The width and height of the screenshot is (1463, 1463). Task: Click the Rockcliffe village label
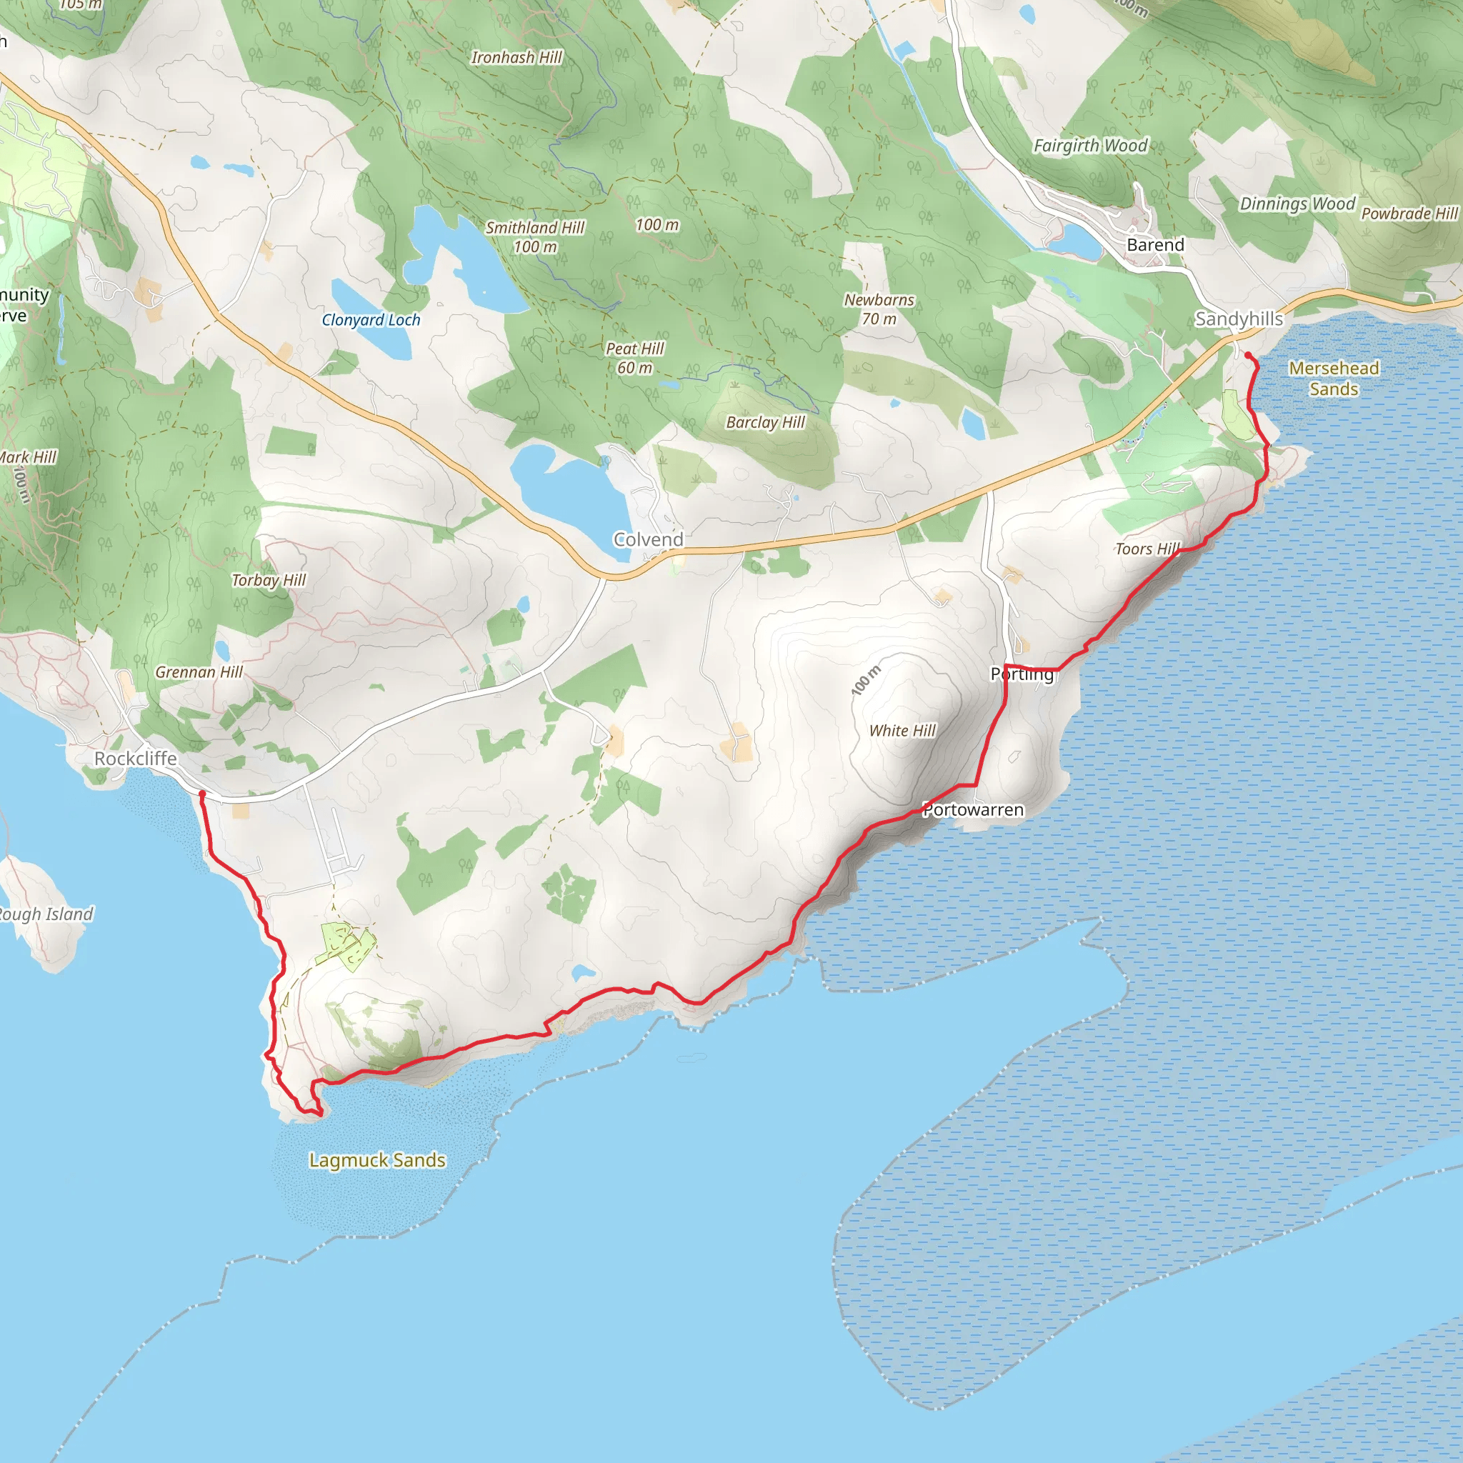tap(136, 758)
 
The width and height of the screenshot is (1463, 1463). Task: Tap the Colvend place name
tap(648, 539)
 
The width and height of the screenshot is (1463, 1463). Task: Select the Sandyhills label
tap(1239, 319)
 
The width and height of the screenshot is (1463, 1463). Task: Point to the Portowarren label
tap(974, 809)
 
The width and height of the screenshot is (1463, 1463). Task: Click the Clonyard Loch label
tap(371, 319)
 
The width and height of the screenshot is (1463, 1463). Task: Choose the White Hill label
tap(903, 731)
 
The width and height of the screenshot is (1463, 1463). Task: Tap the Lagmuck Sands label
tap(377, 1160)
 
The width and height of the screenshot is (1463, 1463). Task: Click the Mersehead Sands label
tap(1334, 379)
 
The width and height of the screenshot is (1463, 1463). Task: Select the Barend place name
tap(1156, 244)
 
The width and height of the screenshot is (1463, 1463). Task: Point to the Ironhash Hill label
tap(516, 58)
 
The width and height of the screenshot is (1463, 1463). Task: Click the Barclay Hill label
tap(766, 423)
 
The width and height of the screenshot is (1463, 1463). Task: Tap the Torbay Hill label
tap(269, 580)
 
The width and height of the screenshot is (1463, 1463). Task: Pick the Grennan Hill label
tap(199, 671)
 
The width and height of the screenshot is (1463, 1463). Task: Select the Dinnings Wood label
tap(1297, 204)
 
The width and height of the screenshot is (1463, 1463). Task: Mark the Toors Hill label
tap(1148, 549)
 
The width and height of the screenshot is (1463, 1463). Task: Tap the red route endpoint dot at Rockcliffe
tap(202, 794)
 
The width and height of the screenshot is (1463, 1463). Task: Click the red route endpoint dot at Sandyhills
tap(1248, 355)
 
